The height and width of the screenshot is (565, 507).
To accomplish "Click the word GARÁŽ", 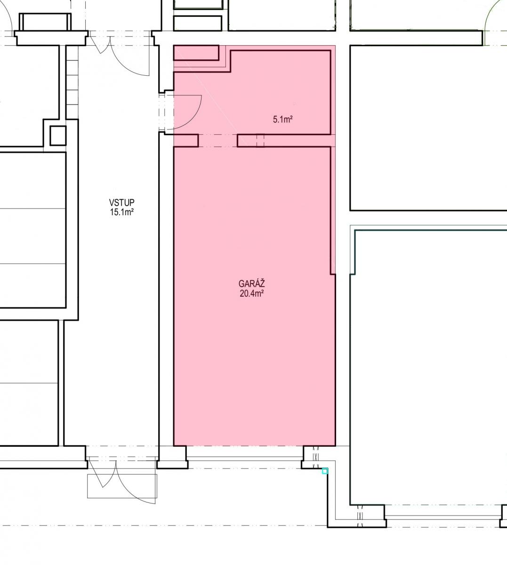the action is [x=251, y=283].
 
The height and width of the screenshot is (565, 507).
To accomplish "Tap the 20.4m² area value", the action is [x=252, y=293].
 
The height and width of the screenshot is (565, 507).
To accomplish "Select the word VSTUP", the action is [x=121, y=202].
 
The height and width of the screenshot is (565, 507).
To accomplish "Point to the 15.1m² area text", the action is [x=122, y=212].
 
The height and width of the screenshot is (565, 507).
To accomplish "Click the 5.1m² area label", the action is [x=283, y=120].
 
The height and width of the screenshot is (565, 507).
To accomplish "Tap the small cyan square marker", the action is [x=325, y=471].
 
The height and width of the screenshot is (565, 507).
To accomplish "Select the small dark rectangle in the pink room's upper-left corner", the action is [x=196, y=53].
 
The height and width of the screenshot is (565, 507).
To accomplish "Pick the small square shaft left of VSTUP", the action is [x=58, y=136].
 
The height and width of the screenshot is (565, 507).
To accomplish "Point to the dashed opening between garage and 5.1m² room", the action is [x=218, y=141].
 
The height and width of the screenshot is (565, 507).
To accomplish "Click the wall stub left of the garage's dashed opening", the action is [x=186, y=141].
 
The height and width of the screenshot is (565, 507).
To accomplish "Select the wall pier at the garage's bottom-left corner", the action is [x=172, y=457].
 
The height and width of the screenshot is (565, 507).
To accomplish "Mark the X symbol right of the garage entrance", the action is [x=316, y=457].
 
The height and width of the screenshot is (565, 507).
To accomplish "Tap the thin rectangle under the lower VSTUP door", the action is [x=122, y=486].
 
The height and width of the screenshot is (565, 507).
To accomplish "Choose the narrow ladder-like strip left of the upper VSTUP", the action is [x=72, y=82].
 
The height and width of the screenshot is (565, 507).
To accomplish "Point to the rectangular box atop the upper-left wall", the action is [x=45, y=22].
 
